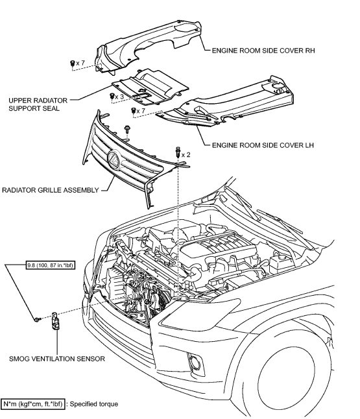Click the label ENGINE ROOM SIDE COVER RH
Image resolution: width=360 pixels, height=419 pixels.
coord(263,51)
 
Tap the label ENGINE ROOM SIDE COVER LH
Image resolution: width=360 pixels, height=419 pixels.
coord(263,145)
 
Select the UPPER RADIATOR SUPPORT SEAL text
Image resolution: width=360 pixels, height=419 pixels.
coord(38,104)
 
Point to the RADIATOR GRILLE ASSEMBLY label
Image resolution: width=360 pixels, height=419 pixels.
coord(51,190)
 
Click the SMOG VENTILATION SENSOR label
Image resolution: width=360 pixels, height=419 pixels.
coord(57,359)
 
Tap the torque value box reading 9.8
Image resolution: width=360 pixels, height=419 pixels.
coord(50,265)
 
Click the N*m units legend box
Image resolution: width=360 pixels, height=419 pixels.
coord(33,404)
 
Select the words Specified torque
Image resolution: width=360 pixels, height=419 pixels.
coord(94,404)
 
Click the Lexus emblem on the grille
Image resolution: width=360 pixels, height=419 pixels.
coord(114,160)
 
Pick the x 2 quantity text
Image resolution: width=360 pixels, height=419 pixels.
coord(186,155)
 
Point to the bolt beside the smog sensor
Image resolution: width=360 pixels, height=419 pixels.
coord(38,319)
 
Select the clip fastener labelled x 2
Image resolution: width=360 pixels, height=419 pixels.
coord(178,152)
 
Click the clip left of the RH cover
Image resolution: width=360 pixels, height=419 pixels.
coord(72,64)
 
